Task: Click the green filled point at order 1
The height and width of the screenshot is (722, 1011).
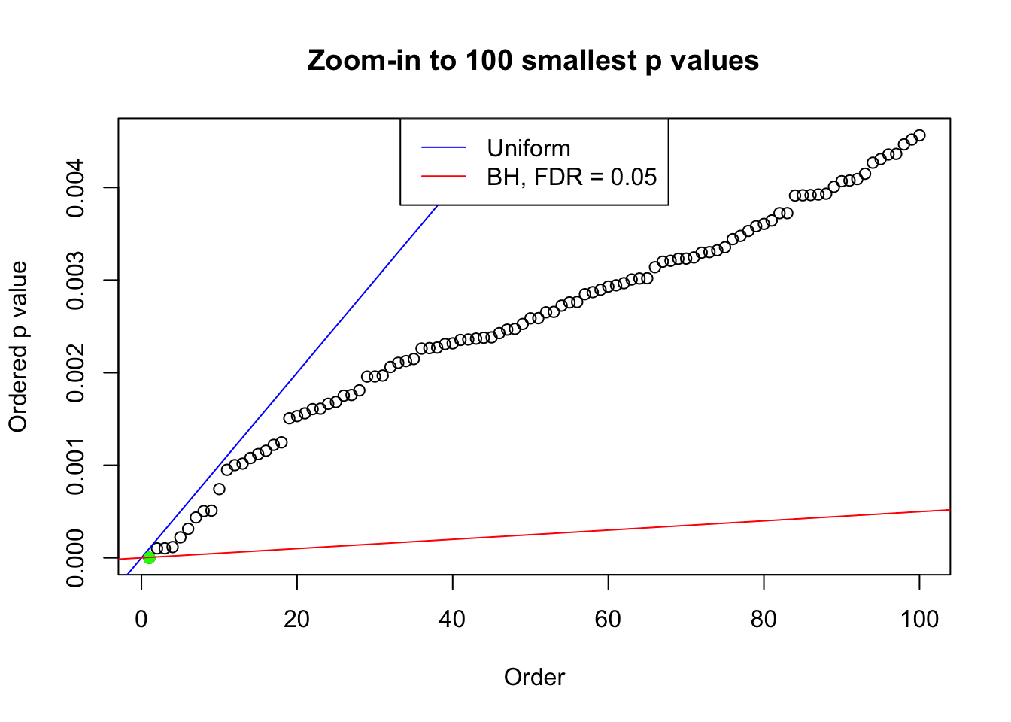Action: (x=149, y=557)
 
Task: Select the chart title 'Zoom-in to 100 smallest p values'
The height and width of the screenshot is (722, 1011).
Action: (x=533, y=60)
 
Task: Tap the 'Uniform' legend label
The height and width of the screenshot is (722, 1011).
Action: (x=528, y=148)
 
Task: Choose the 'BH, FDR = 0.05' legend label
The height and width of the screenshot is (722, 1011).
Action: (x=572, y=177)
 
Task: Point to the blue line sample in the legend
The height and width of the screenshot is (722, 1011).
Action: (x=444, y=148)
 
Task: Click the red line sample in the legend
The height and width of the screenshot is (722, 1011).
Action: (x=444, y=177)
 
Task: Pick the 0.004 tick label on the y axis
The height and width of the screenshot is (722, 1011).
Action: (x=76, y=187)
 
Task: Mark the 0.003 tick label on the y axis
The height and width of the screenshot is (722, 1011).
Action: (x=76, y=280)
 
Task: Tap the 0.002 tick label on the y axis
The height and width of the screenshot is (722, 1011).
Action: (x=76, y=372)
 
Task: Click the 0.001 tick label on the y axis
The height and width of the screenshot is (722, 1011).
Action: (x=76, y=465)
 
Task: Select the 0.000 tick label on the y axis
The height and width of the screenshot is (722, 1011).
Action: (x=76, y=557)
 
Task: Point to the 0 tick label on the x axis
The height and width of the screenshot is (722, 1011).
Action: (x=141, y=619)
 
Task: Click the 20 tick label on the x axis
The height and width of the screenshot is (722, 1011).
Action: (x=297, y=619)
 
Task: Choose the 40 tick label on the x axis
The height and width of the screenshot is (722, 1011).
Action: (x=453, y=619)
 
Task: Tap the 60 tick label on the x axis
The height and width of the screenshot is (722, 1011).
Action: (x=608, y=619)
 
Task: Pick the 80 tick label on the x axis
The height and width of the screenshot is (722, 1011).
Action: (x=764, y=619)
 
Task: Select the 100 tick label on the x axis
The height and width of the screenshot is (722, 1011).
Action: (x=919, y=619)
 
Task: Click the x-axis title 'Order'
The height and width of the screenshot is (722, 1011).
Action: (x=534, y=677)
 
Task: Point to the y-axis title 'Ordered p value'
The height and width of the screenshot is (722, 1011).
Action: (x=18, y=347)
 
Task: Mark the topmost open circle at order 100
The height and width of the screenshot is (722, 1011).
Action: (x=919, y=135)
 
